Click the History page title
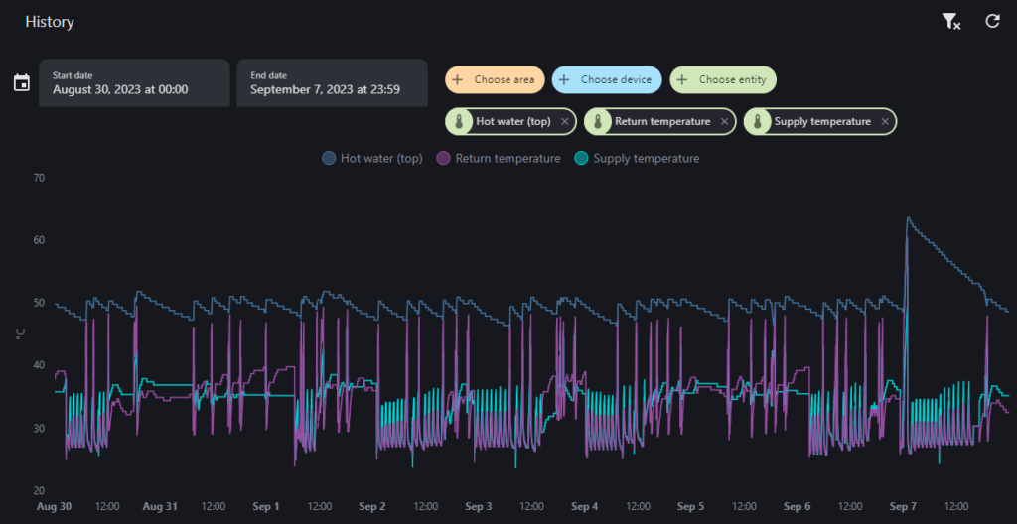tap(50, 22)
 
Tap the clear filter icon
tap(950, 22)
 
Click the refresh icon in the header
tap(992, 22)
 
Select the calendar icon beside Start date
tap(22, 83)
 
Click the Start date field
tap(134, 83)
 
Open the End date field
tap(332, 83)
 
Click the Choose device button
tap(607, 79)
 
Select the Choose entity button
tap(723, 79)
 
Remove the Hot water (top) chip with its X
tap(565, 121)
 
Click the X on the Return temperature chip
tap(724, 121)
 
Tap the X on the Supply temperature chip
tap(885, 121)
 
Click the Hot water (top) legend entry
tap(372, 158)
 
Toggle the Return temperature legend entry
tap(499, 158)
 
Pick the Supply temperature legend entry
tap(637, 158)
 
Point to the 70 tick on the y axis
tap(39, 177)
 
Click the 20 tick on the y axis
tap(39, 491)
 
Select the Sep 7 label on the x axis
tap(903, 506)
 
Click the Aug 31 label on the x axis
tap(160, 506)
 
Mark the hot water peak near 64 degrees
tap(908, 218)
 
